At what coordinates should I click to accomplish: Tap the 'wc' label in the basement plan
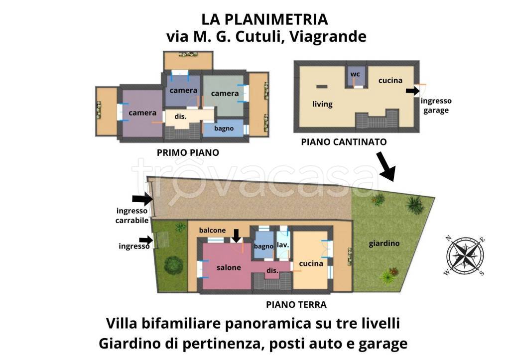(x=355, y=74)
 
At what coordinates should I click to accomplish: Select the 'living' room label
(x=322, y=104)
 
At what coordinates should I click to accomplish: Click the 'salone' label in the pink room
(x=229, y=267)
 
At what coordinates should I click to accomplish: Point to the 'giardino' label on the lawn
(x=384, y=243)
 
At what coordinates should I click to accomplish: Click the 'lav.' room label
(x=283, y=245)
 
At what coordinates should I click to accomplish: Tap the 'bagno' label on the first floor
(x=224, y=128)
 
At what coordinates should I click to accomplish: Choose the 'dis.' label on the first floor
(x=180, y=117)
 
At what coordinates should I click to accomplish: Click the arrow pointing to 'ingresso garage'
(x=412, y=91)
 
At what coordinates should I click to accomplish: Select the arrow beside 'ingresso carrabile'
(x=143, y=200)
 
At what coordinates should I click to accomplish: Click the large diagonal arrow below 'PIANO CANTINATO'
(x=385, y=167)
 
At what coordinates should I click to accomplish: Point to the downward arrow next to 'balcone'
(x=236, y=235)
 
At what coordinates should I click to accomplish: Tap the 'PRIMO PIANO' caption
(x=188, y=153)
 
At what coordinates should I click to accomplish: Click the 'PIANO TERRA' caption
(x=296, y=305)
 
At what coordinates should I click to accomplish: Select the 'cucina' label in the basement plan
(x=390, y=80)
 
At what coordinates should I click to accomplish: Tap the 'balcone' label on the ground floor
(x=212, y=231)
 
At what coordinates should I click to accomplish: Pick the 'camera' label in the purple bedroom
(x=142, y=113)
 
